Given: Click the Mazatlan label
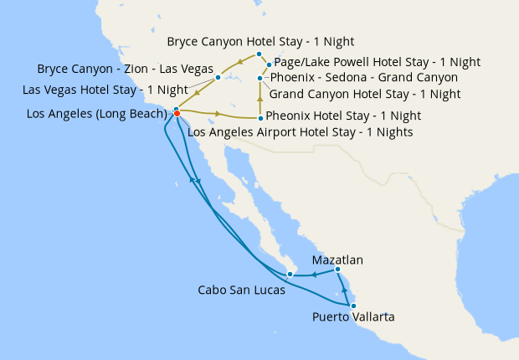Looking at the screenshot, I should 337,260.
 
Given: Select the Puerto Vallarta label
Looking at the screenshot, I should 352,317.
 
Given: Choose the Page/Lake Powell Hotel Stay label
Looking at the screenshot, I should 378,62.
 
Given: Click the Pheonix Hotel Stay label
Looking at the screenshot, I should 343,116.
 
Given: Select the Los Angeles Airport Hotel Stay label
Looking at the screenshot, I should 301,131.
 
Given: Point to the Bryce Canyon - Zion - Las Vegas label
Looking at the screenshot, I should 125,68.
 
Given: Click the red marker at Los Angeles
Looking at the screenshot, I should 177,114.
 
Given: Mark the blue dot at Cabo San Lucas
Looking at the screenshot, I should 289,274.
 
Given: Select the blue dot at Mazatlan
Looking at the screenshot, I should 337,270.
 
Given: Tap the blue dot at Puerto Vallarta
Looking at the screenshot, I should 353,306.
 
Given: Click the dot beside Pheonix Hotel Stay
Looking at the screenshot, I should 260,118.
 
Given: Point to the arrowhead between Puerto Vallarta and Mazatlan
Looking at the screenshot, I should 345,290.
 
